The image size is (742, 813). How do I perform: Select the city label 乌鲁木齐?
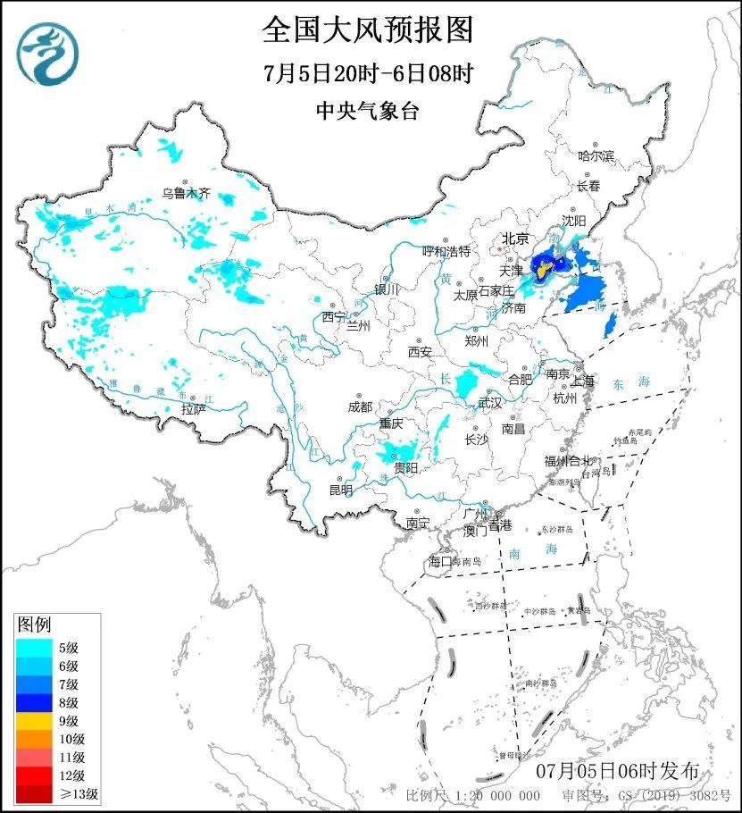(186, 192)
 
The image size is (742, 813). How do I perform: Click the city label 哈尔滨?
(596, 156)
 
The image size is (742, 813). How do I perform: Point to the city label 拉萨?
(193, 409)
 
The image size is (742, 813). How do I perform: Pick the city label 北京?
(515, 239)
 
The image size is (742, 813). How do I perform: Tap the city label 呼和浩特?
(446, 252)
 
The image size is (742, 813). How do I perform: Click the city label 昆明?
(341, 490)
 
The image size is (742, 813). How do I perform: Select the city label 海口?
(441, 562)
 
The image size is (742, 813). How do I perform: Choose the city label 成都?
(360, 406)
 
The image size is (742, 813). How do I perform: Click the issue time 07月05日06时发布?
(618, 771)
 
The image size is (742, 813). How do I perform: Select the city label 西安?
(420, 352)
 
